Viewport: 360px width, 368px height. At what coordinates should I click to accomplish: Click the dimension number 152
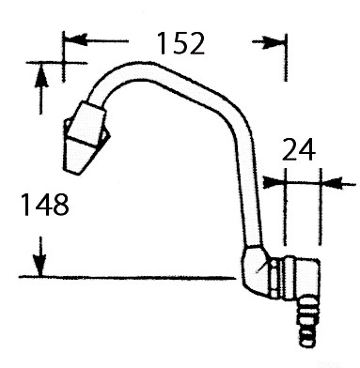(180, 43)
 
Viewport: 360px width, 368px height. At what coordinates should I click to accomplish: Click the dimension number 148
(44, 205)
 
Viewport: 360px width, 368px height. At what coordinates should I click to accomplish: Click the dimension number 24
(299, 149)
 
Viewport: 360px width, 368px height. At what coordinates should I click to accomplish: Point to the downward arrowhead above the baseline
(40, 265)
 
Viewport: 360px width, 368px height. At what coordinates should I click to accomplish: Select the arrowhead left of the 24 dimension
(274, 182)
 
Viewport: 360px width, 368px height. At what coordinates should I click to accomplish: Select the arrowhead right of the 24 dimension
(333, 182)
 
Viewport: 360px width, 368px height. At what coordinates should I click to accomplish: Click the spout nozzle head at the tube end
(86, 138)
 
